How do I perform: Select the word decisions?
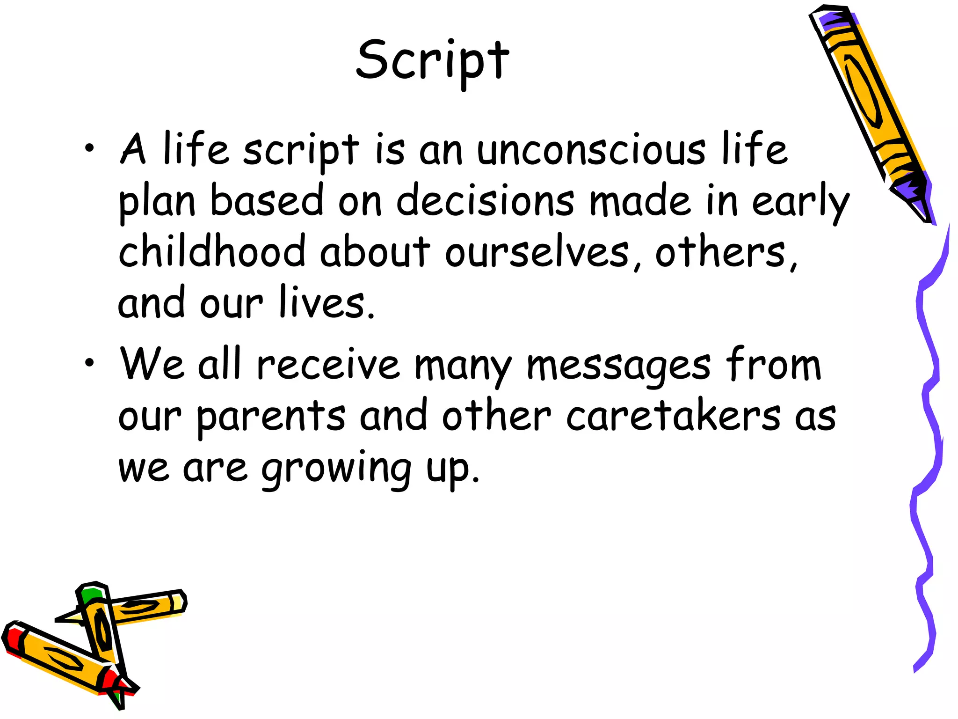pos(485,201)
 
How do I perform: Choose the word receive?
pos(328,365)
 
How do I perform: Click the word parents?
pos(271,417)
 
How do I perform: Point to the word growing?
pos(336,468)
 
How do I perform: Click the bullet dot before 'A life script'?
pos(89,150)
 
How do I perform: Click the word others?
pos(726,253)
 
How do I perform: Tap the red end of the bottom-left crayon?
pos(12,639)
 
